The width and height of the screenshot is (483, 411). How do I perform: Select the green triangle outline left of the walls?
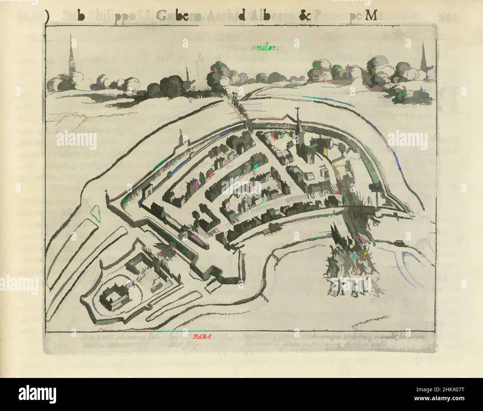(96, 213)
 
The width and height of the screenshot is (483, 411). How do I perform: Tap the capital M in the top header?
(372, 16)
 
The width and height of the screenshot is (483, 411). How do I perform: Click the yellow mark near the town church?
(325, 150)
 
